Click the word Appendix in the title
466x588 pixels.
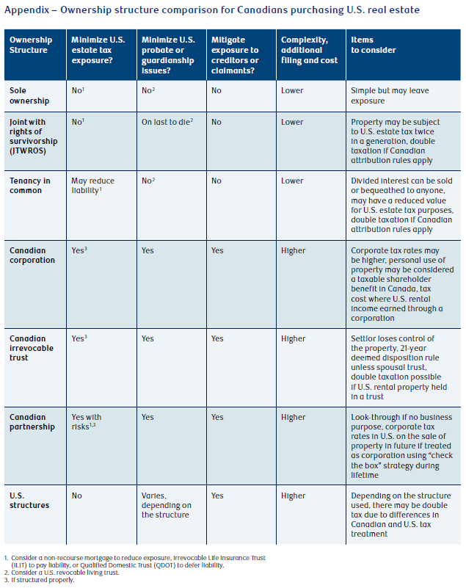[x=26, y=10]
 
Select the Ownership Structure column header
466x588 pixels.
[x=31, y=45]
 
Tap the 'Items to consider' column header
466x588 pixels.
[x=374, y=45]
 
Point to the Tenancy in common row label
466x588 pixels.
[x=29, y=186]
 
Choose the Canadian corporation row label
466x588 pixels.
[x=32, y=255]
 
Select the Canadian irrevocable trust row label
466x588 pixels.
[x=32, y=348]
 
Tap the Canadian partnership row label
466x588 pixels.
[x=32, y=422]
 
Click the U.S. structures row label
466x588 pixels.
[x=29, y=500]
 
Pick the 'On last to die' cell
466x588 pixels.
[x=167, y=122]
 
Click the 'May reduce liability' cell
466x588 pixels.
[x=93, y=186]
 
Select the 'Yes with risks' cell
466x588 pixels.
[x=87, y=422]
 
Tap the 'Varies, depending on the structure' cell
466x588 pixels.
[x=167, y=505]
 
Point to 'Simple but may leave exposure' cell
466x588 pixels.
[x=390, y=95]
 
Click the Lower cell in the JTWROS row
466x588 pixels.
[x=292, y=122]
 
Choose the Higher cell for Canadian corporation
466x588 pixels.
[x=293, y=250]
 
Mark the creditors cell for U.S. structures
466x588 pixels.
[x=217, y=496]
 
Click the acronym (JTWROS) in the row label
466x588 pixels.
[x=28, y=151]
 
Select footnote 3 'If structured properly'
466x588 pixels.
[x=40, y=580]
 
